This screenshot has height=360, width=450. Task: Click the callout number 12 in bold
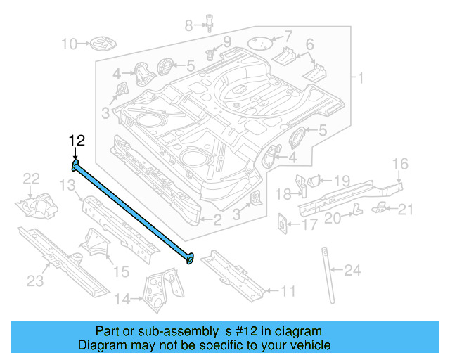click(x=77, y=140)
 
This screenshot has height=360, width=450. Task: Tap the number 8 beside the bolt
click(x=188, y=25)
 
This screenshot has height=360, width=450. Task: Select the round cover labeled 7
click(x=262, y=41)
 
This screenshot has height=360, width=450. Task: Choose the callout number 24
click(x=352, y=269)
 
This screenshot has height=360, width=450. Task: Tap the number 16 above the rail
click(x=399, y=164)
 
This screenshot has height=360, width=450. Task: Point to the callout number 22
click(x=32, y=179)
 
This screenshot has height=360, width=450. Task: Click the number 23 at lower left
click(x=35, y=281)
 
